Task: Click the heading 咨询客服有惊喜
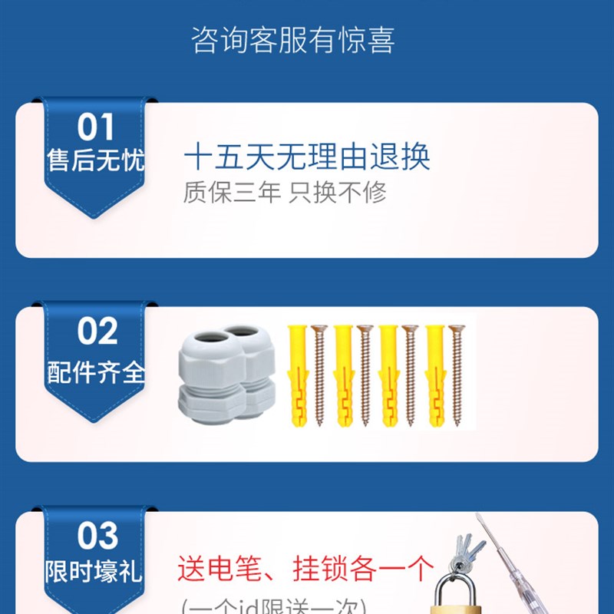(x=293, y=41)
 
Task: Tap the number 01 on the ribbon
(x=95, y=127)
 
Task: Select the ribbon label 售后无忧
(x=95, y=160)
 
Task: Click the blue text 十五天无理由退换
(x=307, y=157)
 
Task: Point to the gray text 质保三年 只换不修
(x=284, y=192)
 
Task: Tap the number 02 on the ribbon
(x=97, y=332)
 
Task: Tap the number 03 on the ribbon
(x=97, y=536)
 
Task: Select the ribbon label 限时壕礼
(x=95, y=572)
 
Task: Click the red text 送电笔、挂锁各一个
(x=305, y=569)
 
